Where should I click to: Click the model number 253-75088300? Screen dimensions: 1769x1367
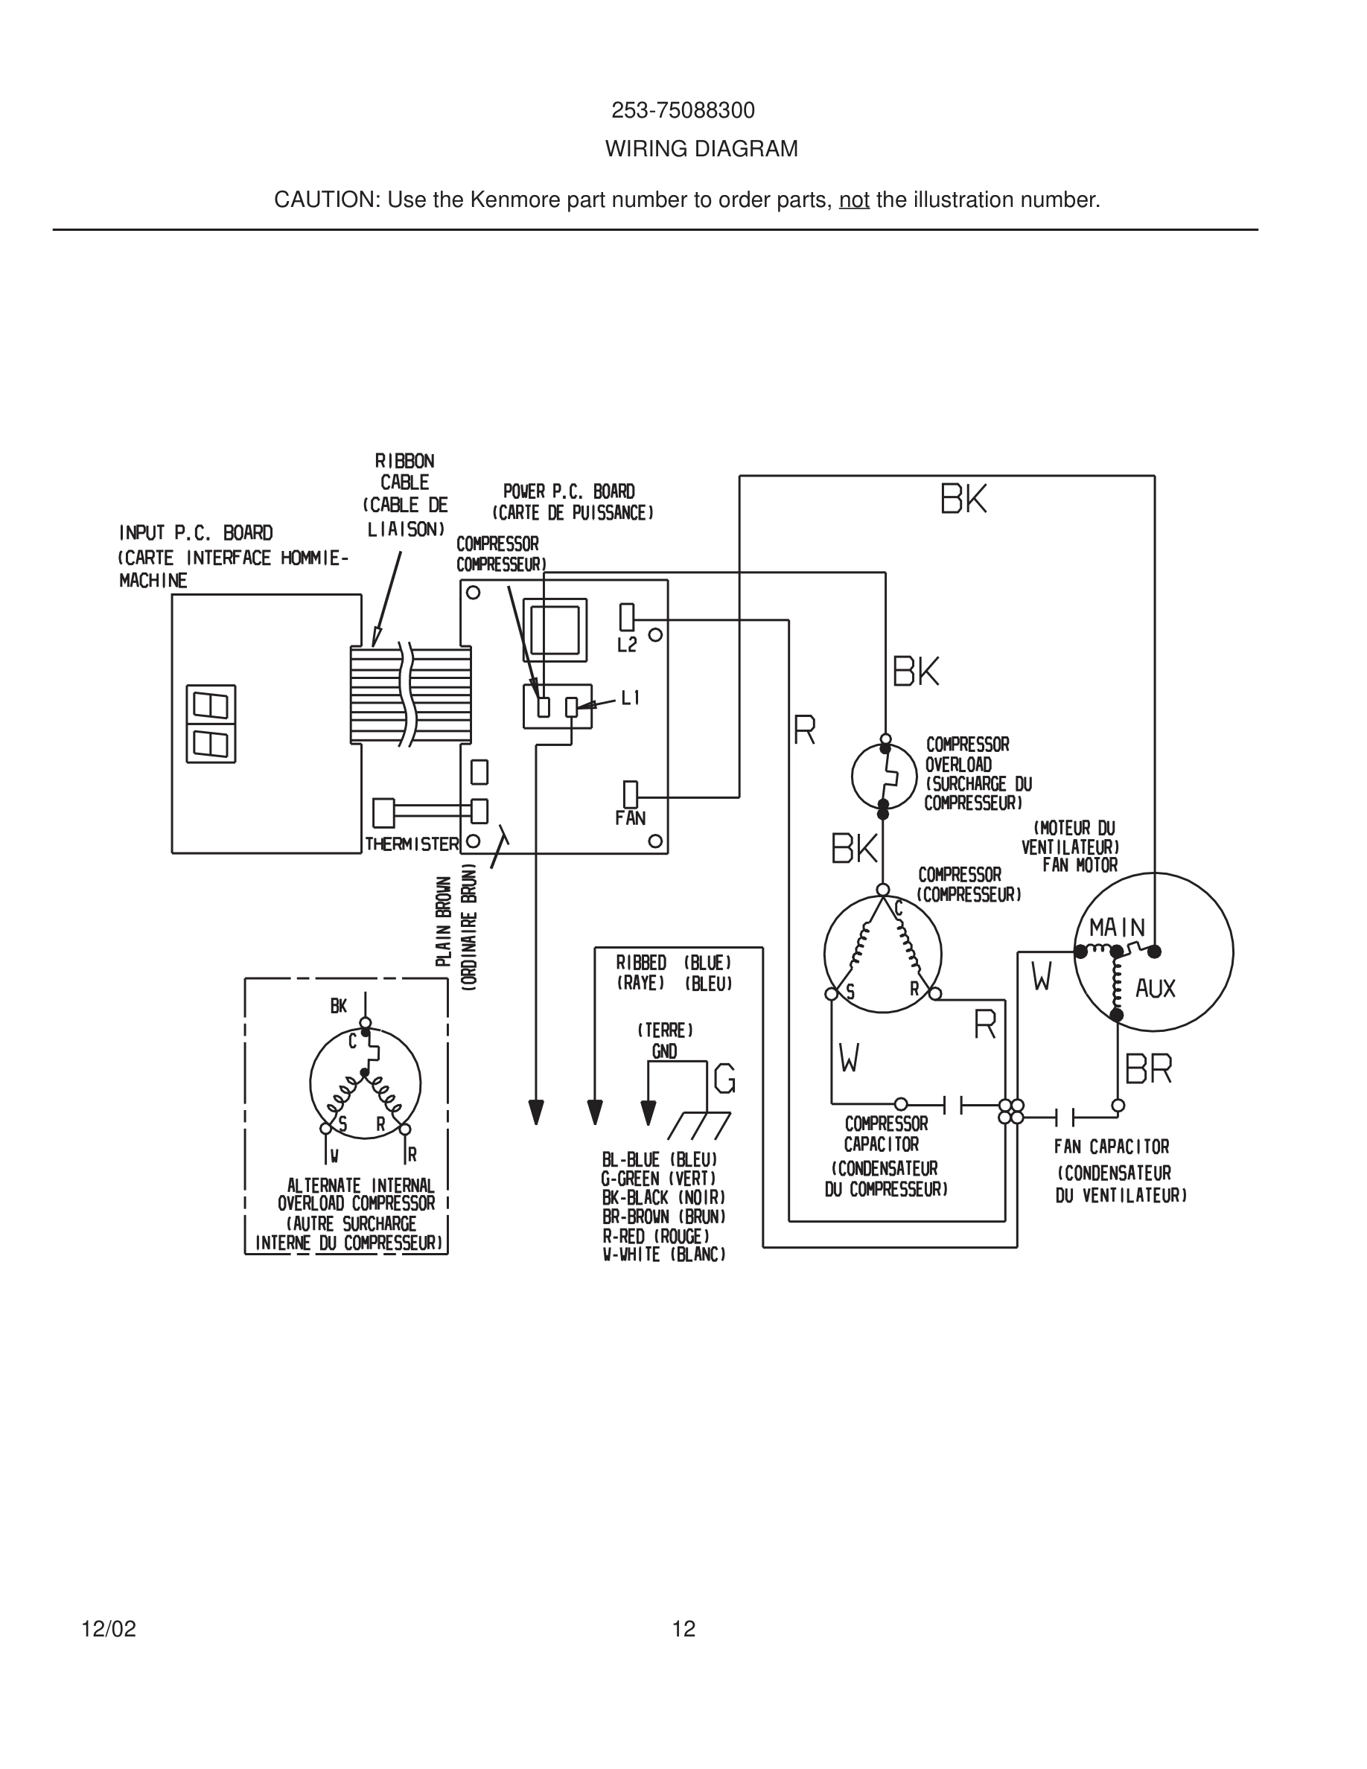pos(683,110)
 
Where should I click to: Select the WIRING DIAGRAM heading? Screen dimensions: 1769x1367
pos(701,149)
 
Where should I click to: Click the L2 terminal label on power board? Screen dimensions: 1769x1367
pos(627,645)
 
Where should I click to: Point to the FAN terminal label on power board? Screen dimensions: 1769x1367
pos(630,818)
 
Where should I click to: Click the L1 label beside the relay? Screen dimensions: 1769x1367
pos(630,698)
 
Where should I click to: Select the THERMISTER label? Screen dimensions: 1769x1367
pos(412,844)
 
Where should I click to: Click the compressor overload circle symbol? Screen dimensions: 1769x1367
pos(884,775)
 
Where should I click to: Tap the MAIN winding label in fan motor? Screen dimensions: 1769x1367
pos(1117,928)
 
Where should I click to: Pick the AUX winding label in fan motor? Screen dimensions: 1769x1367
pos(1155,988)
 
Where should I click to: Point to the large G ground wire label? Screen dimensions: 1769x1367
pos(724,1079)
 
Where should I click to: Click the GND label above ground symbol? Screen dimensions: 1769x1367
pos(664,1051)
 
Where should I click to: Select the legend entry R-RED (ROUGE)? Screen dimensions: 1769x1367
pos(655,1236)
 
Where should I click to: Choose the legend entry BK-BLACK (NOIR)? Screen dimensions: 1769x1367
pos(663,1197)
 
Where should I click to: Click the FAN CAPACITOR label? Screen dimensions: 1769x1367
pos(1111,1146)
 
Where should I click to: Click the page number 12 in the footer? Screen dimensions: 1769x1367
pos(683,1629)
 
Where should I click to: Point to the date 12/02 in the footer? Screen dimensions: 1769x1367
pos(109,1629)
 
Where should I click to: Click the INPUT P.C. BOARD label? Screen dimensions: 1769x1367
pos(196,533)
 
